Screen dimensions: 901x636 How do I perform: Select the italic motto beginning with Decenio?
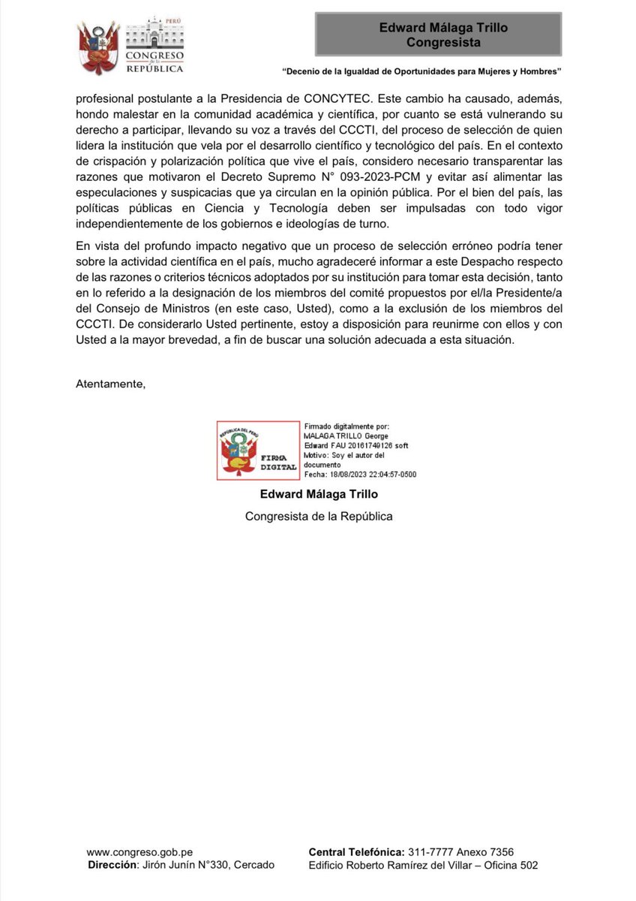pos(422,72)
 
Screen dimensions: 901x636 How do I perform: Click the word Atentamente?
pos(110,384)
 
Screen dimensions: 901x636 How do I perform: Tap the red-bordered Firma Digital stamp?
pos(257,450)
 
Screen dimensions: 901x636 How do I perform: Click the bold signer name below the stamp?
pos(319,494)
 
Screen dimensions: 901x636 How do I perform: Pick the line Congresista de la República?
pos(319,517)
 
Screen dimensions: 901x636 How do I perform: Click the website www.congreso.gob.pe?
pos(139,852)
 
